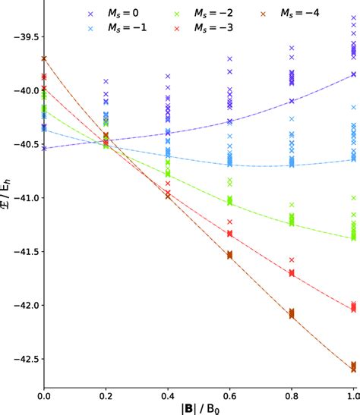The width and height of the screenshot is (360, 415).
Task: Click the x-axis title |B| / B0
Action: click(198, 405)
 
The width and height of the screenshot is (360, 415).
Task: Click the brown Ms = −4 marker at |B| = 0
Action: click(44, 58)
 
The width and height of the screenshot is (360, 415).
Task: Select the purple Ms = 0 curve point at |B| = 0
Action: click(44, 149)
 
